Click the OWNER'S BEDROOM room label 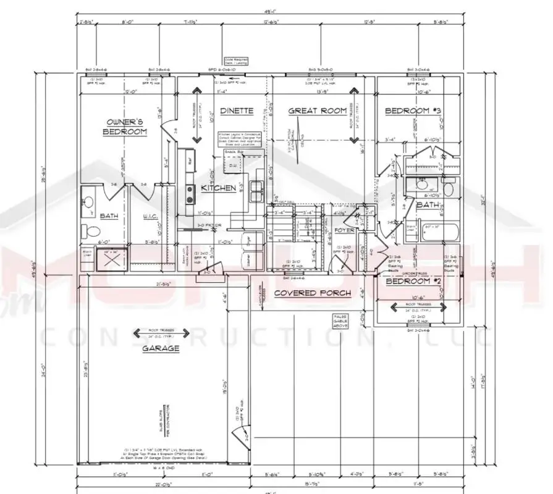[x=125, y=127]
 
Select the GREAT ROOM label [x=318, y=111]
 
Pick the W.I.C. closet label [x=151, y=216]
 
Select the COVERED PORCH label [x=312, y=293]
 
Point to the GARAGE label [x=161, y=348]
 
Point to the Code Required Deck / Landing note [x=235, y=61]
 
